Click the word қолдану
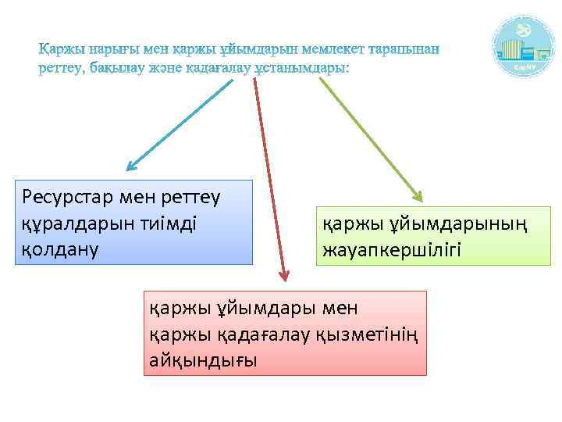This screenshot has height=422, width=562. click(x=57, y=252)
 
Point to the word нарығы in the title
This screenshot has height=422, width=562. click(x=116, y=49)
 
